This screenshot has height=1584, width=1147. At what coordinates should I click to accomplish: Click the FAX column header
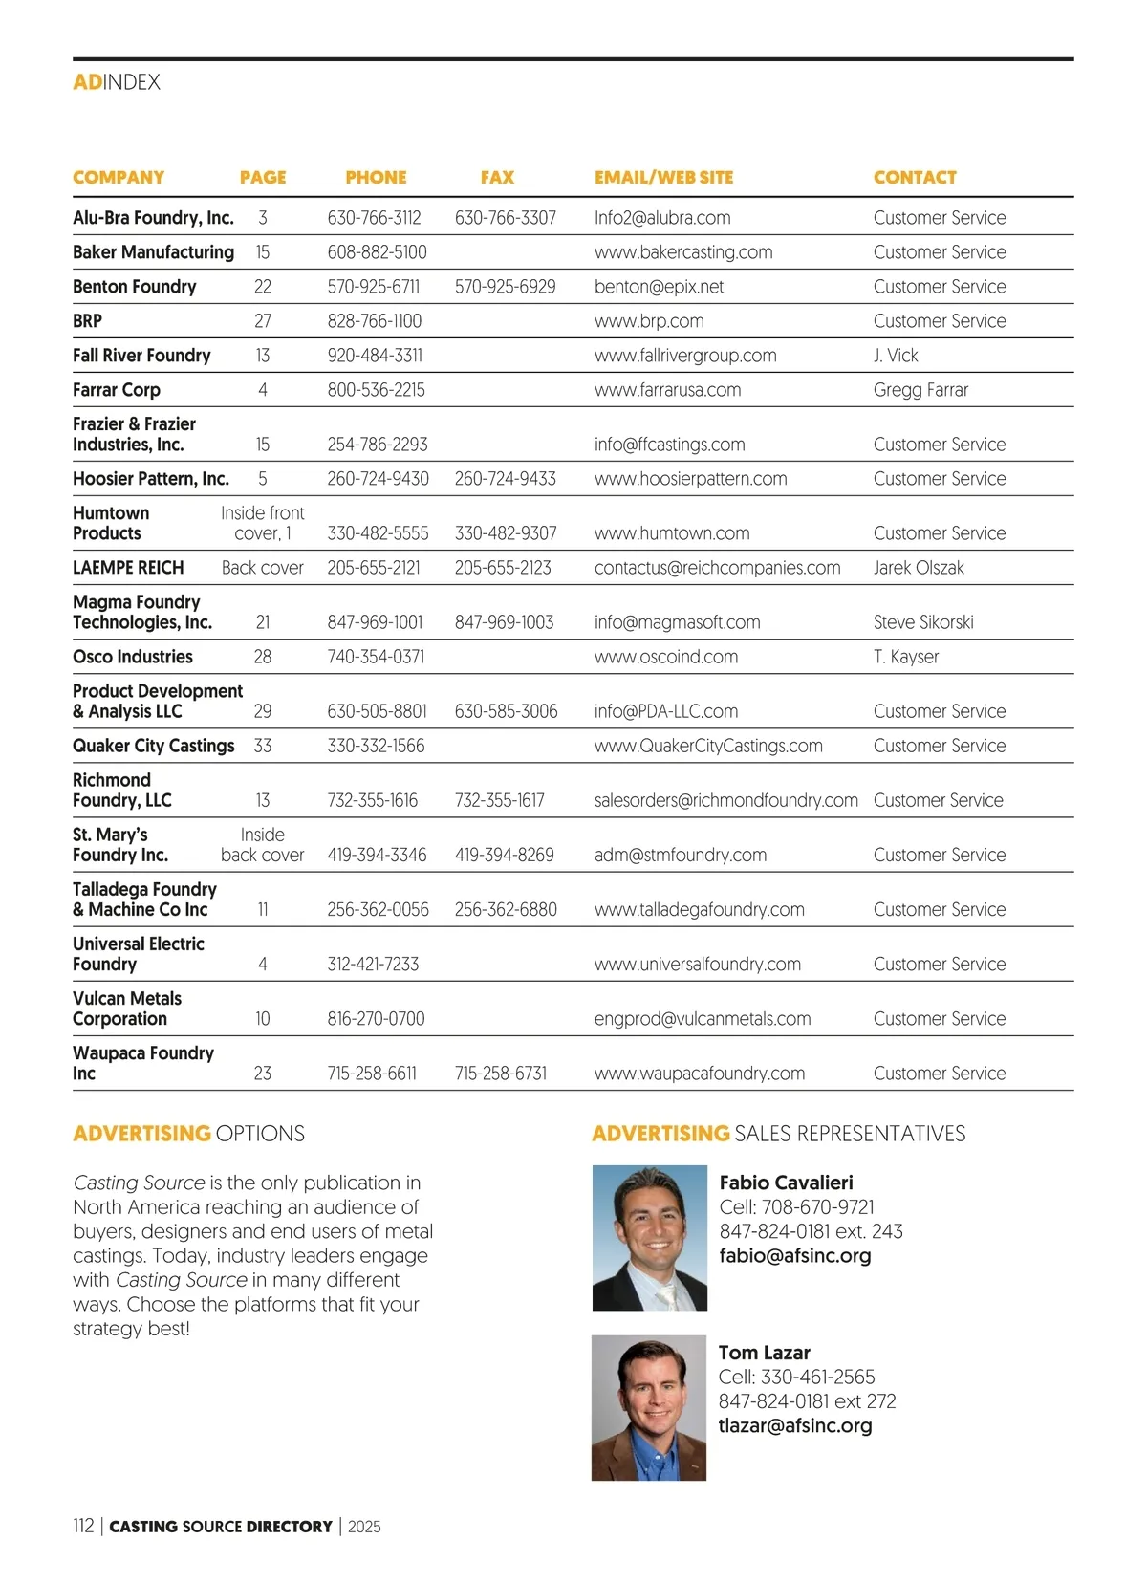click(x=497, y=178)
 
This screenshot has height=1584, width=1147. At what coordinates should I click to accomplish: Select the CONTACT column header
click(x=915, y=178)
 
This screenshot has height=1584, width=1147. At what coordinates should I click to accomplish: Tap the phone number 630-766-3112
click(x=374, y=218)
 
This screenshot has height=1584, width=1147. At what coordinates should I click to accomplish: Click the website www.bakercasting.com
click(x=683, y=252)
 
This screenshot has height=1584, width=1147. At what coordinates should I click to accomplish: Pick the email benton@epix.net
click(x=659, y=287)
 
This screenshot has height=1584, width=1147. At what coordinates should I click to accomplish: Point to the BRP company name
click(x=87, y=321)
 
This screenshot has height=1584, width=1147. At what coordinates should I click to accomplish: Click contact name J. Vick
click(x=896, y=356)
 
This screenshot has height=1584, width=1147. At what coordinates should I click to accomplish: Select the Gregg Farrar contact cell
click(x=920, y=390)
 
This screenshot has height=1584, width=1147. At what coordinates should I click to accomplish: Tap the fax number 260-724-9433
click(x=505, y=479)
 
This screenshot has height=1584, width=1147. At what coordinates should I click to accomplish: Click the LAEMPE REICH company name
click(x=128, y=568)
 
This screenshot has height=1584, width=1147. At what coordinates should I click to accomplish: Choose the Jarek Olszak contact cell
click(x=919, y=568)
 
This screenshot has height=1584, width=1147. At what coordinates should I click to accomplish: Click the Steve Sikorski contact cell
click(x=923, y=622)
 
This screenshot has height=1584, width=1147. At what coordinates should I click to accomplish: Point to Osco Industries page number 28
click(x=263, y=657)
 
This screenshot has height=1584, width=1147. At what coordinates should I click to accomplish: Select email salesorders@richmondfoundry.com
click(x=725, y=800)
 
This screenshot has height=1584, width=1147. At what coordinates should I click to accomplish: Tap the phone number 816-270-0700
click(x=376, y=1019)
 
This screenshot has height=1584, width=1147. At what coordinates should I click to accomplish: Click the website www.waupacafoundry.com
click(x=699, y=1074)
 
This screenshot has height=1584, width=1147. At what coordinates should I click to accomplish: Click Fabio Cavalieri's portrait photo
click(x=650, y=1237)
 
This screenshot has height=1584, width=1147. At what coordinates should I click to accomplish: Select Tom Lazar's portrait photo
click(x=649, y=1407)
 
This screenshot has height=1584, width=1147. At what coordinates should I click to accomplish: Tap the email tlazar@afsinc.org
click(x=795, y=1425)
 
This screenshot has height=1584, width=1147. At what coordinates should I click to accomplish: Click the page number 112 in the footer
click(x=83, y=1526)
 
